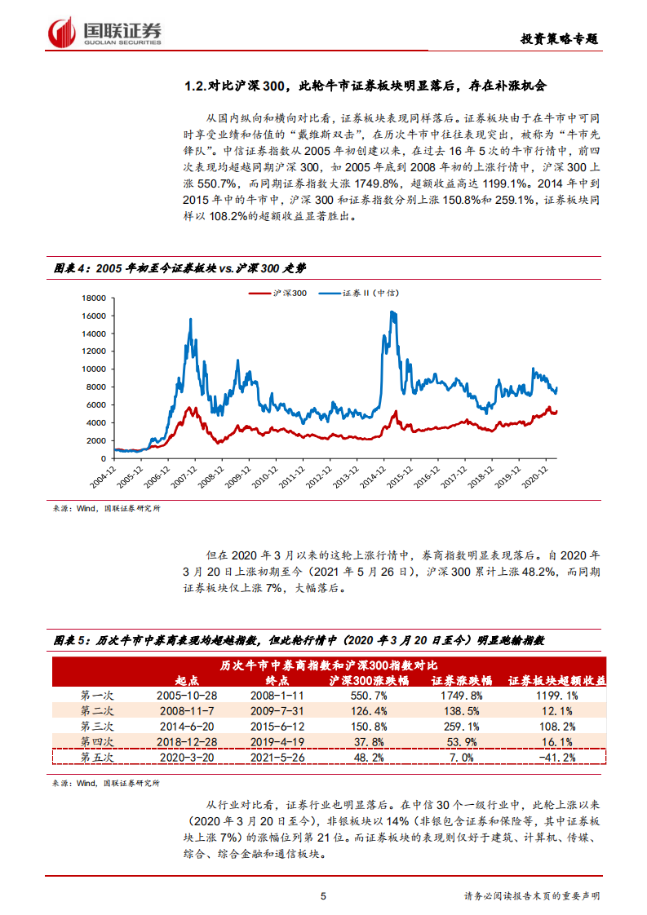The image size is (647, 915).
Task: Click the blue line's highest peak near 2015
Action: point(393,312)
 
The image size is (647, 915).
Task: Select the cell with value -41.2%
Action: point(558,757)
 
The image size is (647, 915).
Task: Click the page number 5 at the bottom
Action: point(324,896)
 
